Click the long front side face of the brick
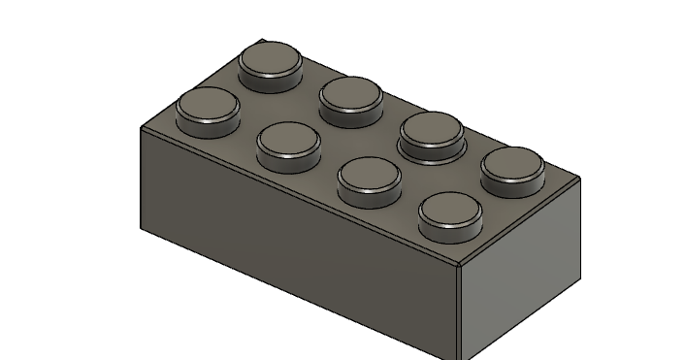coord(291,243)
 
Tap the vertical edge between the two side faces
coord(460,311)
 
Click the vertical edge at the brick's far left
coord(141,179)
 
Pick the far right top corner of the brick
coord(580,179)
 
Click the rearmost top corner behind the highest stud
coord(262,41)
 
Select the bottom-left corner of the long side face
coord(141,229)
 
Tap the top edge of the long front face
coord(301,195)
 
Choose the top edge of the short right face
coord(520,220)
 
